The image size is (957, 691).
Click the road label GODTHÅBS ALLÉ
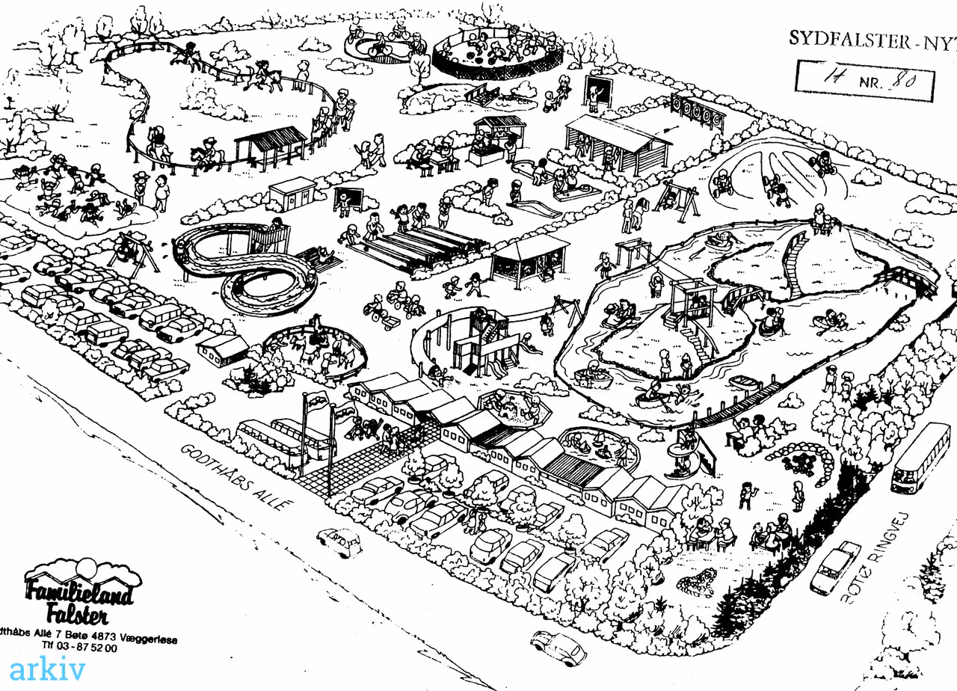[234, 477]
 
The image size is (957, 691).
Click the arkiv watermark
[47, 668]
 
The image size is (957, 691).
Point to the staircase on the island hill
[794, 262]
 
